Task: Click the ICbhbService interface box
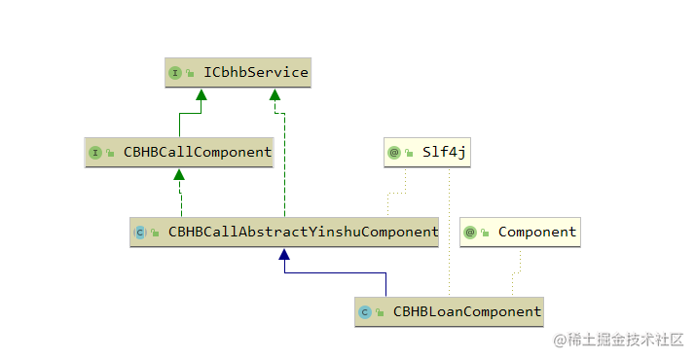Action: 238,73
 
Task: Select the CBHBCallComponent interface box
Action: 178,153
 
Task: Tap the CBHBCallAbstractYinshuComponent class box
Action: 285,233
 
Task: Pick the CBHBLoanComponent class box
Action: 449,312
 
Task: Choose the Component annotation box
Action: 520,233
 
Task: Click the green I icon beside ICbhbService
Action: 175,73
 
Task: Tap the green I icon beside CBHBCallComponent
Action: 95,153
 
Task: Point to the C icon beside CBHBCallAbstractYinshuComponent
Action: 141,233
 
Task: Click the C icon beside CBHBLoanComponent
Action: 366,312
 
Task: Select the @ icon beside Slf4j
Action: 394,153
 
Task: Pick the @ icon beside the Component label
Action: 471,233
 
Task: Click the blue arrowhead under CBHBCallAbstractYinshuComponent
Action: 284,254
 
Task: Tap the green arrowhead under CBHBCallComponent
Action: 179,174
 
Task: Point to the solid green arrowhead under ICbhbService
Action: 201,94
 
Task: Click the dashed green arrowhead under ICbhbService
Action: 275,94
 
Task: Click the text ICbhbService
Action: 257,73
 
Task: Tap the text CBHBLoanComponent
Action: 466,312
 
